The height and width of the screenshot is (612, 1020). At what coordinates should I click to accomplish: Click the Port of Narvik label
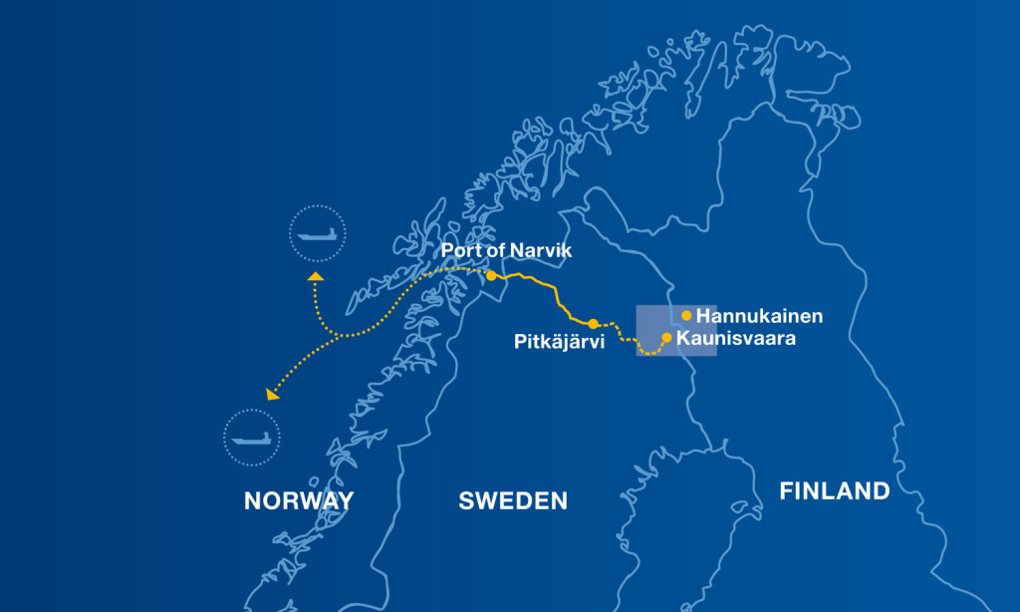point(507,251)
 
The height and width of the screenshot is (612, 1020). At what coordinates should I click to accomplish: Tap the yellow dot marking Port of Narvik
point(491,274)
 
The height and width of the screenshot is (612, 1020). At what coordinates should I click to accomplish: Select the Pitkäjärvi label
point(548,341)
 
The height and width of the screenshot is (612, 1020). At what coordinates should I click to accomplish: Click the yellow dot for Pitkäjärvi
point(593,324)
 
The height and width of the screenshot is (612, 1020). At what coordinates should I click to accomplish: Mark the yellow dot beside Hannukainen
point(686,316)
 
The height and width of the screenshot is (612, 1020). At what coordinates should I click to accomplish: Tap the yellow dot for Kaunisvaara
point(666,337)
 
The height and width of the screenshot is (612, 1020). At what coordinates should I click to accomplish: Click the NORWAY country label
point(299,500)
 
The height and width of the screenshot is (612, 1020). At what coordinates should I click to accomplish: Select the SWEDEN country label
point(513,500)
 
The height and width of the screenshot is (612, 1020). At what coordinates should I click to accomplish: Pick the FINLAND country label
point(835,490)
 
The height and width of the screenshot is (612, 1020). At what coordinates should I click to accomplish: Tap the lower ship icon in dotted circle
point(251,437)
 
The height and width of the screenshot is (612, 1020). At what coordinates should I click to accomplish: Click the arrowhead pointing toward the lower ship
point(272,395)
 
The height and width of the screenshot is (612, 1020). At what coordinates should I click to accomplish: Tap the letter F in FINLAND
point(787,490)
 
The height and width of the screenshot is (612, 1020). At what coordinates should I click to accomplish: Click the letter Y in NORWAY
point(345,500)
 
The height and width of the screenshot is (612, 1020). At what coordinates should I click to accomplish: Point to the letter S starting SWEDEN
point(466,500)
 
